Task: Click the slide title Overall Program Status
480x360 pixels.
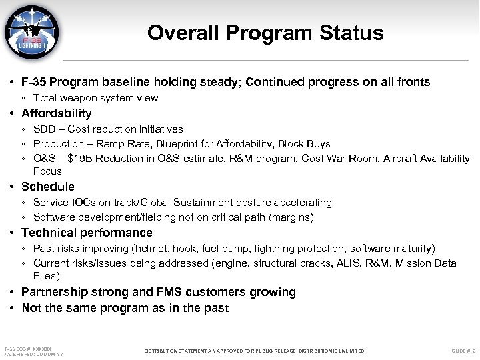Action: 265,33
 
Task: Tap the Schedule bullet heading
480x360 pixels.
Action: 48,187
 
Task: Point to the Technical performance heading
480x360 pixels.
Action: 87,233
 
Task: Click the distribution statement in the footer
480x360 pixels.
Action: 255,351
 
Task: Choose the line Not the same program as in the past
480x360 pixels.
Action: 125,308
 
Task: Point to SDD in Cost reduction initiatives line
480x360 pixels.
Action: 45,129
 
